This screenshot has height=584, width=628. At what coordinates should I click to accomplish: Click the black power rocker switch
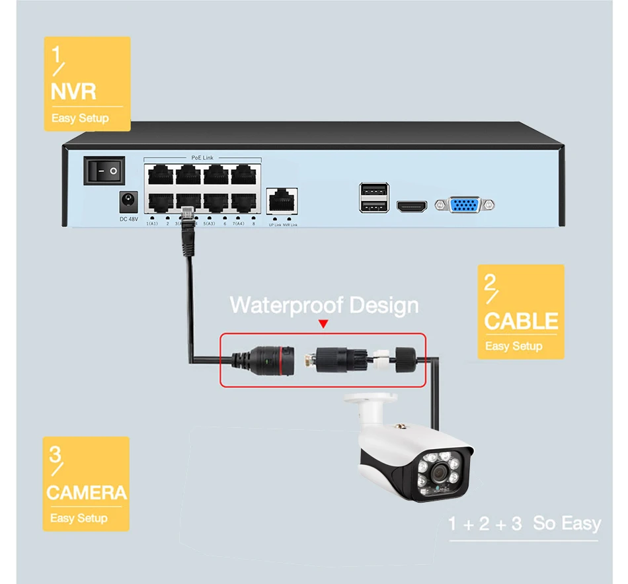tap(104, 171)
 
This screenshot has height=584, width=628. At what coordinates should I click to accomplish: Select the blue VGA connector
tap(465, 205)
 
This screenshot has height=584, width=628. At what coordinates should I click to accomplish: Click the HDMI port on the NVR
tap(412, 206)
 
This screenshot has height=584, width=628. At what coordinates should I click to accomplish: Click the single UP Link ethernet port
tap(282, 200)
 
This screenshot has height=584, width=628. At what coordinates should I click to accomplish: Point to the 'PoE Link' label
tap(202, 157)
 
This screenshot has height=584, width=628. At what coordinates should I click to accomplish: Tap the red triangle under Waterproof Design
tap(323, 324)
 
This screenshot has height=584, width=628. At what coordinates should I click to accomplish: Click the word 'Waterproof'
tap(285, 305)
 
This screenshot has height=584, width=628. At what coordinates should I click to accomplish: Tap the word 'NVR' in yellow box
tap(73, 91)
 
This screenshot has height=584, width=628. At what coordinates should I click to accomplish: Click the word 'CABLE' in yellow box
tap(521, 321)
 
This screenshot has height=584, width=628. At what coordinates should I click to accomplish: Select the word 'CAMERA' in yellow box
tap(86, 492)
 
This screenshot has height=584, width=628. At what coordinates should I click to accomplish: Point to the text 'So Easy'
tap(567, 524)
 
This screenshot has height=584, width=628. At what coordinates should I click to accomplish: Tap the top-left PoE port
tap(160, 175)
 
